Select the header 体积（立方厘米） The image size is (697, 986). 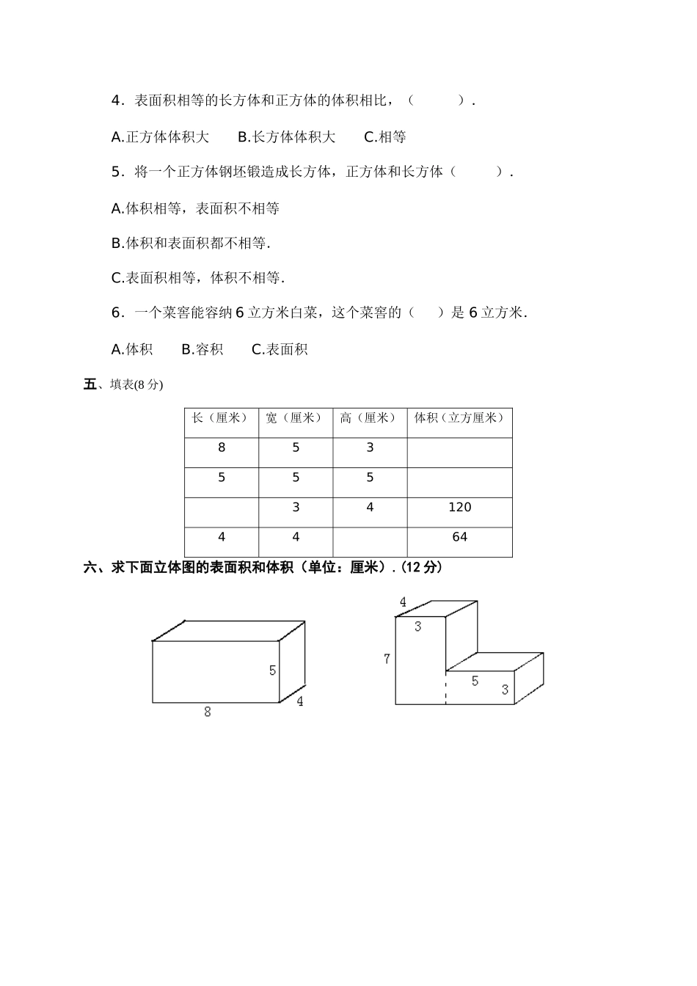tap(459, 418)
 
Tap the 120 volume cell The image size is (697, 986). tap(459, 508)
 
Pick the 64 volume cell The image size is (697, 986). tap(459, 538)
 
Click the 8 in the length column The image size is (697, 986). tap(222, 448)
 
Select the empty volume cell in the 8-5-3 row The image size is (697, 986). tap(459, 453)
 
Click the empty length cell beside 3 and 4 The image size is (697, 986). tap(222, 512)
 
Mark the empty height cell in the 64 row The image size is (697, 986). tap(370, 542)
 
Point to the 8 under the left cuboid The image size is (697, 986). tap(208, 712)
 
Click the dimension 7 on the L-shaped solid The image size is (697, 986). tap(387, 660)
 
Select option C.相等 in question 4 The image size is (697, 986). tap(385, 137)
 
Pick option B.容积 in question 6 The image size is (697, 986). tap(202, 350)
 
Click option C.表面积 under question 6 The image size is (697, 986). tap(280, 350)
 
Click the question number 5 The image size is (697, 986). tap(116, 172)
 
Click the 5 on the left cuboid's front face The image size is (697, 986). tap(272, 671)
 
